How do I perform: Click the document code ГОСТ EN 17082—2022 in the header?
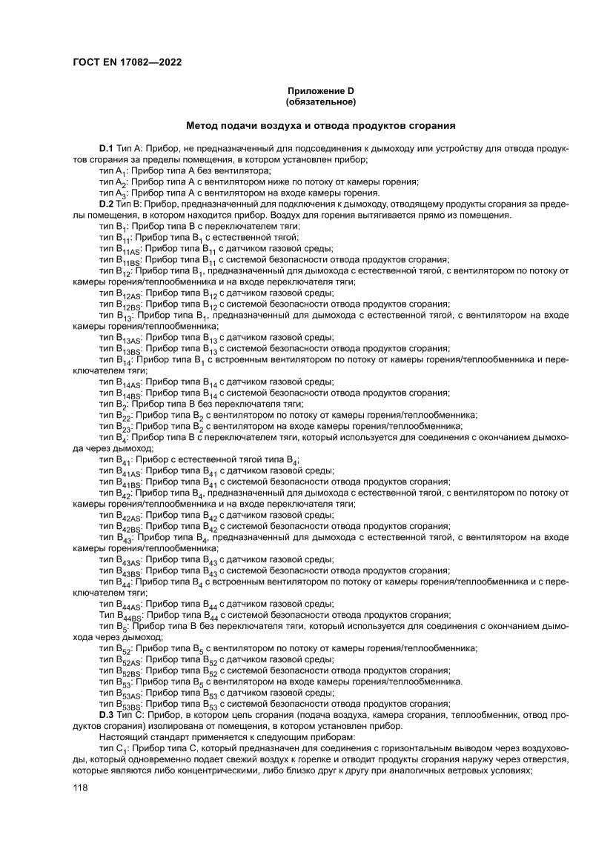pos(127,62)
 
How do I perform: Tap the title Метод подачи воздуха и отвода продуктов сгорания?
pos(321,126)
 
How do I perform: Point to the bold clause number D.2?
pos(105,204)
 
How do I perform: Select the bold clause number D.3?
pos(105,714)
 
